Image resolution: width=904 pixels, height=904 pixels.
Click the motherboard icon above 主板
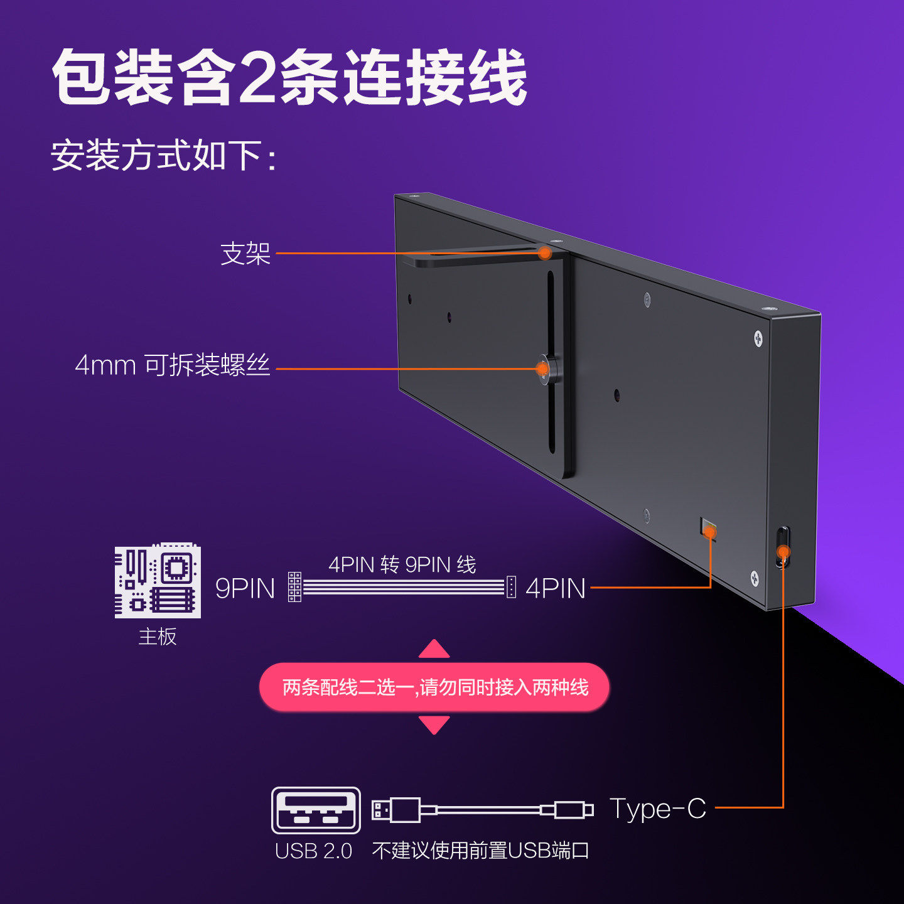[x=158, y=581]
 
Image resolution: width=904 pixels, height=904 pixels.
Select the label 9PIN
[x=245, y=589]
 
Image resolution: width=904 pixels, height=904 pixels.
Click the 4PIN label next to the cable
[x=556, y=589]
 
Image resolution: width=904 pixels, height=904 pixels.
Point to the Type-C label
[x=658, y=809]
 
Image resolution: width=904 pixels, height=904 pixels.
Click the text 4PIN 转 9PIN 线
[x=402, y=564]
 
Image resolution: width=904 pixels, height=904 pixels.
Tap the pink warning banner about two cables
[x=434, y=687]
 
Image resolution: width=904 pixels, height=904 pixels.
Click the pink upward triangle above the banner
[x=434, y=649]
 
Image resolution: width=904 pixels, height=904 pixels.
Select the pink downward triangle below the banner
[x=434, y=725]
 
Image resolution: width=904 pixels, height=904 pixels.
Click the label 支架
[x=245, y=254]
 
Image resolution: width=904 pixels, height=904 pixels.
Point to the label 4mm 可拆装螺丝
[x=173, y=365]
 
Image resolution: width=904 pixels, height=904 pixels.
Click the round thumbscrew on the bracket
[x=545, y=369]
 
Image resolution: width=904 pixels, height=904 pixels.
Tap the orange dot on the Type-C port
[x=783, y=552]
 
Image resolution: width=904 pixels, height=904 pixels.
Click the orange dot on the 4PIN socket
[x=709, y=533]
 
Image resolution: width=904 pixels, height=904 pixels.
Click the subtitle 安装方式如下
[x=163, y=155]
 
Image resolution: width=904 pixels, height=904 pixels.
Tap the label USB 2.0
[x=313, y=851]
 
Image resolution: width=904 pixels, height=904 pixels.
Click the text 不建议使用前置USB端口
[x=480, y=851]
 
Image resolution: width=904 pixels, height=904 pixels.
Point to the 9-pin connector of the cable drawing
[x=294, y=587]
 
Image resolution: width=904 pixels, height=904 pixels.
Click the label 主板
[x=158, y=637]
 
